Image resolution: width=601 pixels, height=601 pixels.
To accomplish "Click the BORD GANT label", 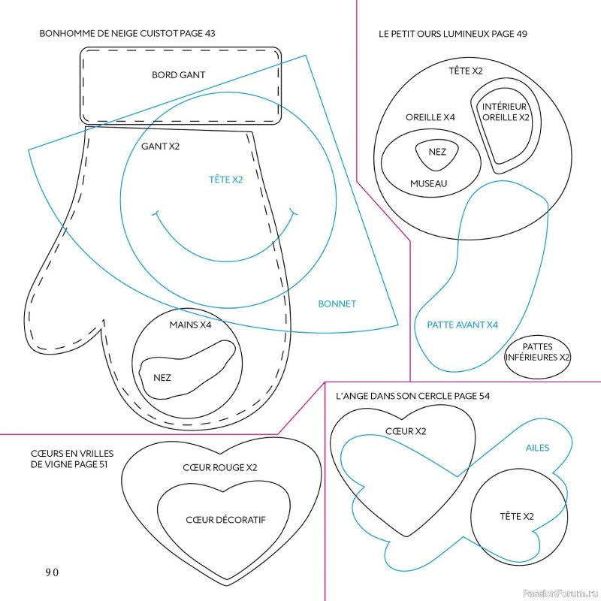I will click(x=178, y=75).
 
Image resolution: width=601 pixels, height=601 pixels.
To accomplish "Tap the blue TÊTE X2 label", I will click(x=226, y=180).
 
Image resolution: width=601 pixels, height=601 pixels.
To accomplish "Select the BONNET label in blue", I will click(x=337, y=304).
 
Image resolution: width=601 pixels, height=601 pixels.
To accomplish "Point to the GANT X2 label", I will click(x=160, y=146).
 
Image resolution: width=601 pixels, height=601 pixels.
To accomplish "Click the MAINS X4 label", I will click(x=190, y=325).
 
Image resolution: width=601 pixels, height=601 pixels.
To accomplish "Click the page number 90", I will click(x=52, y=572).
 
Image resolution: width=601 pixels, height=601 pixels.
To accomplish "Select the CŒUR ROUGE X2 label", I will click(x=220, y=467).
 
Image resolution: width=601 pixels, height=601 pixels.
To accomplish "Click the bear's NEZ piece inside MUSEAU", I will click(x=437, y=153).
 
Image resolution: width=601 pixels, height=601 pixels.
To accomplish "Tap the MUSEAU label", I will click(x=428, y=183).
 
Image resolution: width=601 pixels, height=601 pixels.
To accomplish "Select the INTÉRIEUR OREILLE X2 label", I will click(x=505, y=112).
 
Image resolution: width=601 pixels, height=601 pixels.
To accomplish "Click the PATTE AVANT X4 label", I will click(x=463, y=325).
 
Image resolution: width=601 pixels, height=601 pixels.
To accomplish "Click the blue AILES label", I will click(x=536, y=448).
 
